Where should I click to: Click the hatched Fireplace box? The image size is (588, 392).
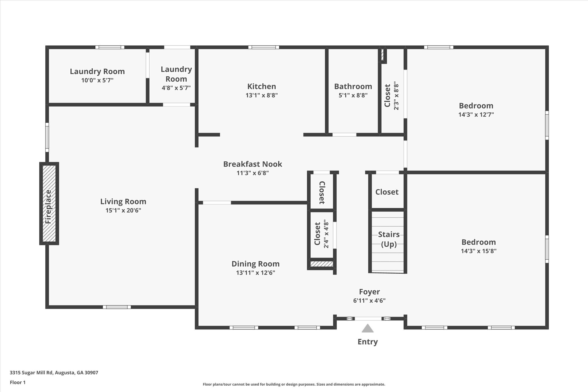pos(49,203)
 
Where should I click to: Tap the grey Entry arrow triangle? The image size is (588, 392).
pos(367,329)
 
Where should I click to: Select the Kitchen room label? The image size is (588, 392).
pos(262,86)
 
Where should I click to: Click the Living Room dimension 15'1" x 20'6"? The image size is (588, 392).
pos(123,211)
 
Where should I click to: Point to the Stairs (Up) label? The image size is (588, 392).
pos(389,239)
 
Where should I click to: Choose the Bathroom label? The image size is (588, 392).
pos(353,86)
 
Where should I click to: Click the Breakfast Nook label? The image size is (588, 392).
pos(253,164)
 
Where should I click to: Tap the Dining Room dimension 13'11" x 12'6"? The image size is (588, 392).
pos(256,273)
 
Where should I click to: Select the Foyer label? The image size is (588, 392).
pos(369,292)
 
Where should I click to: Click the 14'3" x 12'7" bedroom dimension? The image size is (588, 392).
pos(476,115)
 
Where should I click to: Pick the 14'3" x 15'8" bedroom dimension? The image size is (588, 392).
pos(479,251)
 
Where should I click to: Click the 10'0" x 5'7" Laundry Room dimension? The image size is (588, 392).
pos(97,80)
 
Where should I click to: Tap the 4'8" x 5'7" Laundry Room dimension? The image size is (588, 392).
pos(176,88)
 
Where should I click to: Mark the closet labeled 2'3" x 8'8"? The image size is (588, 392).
pos(392,96)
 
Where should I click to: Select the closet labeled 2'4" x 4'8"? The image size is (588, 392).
pos(321,234)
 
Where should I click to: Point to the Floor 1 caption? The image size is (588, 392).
pos(18,383)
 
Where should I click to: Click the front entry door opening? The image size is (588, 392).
pos(368,318)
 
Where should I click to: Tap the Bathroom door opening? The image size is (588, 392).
pos(344,135)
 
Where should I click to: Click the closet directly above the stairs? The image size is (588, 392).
pos(387,192)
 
